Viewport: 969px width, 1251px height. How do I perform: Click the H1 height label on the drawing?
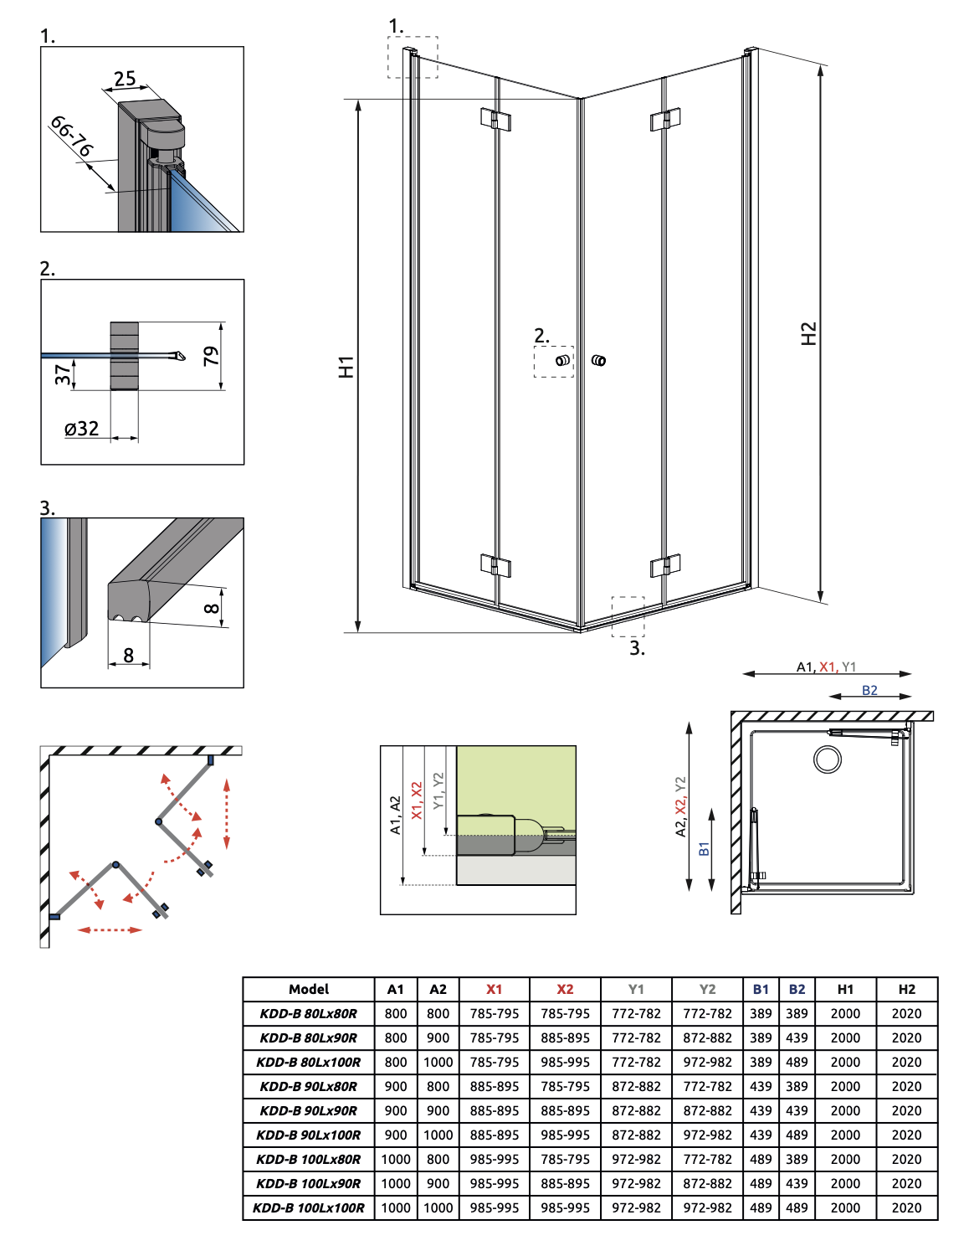[346, 367]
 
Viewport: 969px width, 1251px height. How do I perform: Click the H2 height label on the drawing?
[808, 333]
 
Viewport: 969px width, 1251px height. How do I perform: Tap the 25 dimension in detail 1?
[125, 79]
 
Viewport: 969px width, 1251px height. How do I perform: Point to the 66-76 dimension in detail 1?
[72, 136]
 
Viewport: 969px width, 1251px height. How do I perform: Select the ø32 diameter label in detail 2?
[82, 429]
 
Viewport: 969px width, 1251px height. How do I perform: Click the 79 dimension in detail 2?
[211, 356]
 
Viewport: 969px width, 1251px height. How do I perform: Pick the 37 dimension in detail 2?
[63, 374]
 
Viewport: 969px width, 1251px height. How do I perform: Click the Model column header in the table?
[309, 989]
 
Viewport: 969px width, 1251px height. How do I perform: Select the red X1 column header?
[495, 989]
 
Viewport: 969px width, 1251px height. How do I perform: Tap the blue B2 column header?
[797, 989]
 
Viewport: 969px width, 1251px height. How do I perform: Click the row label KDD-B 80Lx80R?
[309, 1013]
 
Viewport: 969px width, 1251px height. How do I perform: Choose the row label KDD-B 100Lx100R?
[309, 1207]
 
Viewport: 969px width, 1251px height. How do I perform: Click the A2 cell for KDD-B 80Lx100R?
[438, 1062]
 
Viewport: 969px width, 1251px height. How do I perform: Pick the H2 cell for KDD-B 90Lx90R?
[906, 1110]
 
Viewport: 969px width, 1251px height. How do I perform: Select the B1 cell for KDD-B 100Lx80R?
[761, 1159]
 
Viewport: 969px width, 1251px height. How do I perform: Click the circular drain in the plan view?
[828, 759]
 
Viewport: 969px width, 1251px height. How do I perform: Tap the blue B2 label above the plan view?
[869, 690]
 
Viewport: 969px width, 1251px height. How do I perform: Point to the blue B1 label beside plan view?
[704, 848]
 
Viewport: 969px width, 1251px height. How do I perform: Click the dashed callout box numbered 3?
[628, 616]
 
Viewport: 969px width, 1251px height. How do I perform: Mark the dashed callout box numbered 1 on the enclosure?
[413, 57]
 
